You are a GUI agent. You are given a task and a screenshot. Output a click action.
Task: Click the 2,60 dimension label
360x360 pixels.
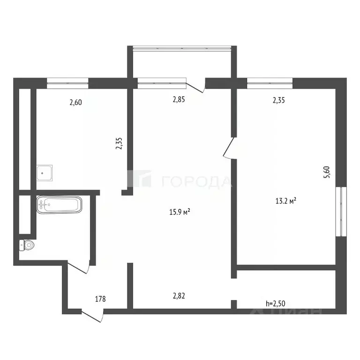click(76, 102)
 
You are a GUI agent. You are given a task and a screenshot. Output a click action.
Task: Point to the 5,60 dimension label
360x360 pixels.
click(328, 172)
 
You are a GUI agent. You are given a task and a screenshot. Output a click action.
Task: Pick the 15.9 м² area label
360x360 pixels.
click(179, 212)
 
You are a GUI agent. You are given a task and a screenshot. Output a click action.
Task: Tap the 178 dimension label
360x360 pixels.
click(99, 299)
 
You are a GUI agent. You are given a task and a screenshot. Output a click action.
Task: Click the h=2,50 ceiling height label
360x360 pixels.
click(276, 303)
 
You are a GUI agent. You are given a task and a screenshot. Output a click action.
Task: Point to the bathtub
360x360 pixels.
click(59, 205)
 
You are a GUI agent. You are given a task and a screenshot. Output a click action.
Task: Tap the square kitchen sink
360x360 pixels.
click(45, 173)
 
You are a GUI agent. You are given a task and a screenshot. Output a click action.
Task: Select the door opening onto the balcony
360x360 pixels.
click(195, 86)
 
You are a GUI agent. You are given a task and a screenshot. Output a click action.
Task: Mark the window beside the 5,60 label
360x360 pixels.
click(343, 211)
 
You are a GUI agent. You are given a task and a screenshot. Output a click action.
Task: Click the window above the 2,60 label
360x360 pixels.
click(67, 82)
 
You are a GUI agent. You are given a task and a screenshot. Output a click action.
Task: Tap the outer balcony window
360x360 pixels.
click(182, 48)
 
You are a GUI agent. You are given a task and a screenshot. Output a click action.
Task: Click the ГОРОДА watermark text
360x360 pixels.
click(197, 181)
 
